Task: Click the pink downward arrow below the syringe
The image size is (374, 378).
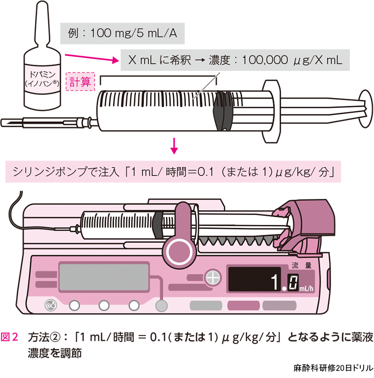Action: [x=174, y=146]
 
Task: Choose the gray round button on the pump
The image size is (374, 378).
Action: [x=161, y=306]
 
